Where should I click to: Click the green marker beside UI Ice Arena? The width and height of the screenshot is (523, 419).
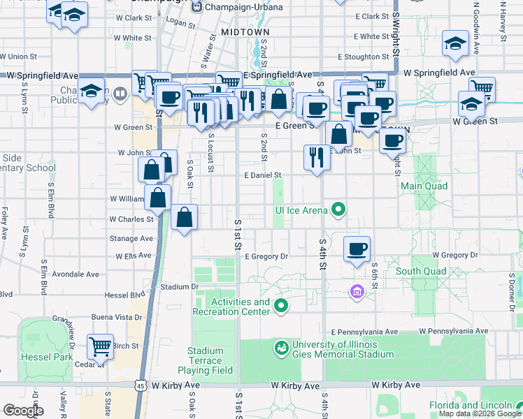pyautogui.click(x=338, y=209)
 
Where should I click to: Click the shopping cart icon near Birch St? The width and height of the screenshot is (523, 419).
pyautogui.click(x=101, y=345)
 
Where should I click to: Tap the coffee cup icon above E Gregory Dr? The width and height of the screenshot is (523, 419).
pyautogui.click(x=357, y=248)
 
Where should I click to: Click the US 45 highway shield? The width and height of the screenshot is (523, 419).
pyautogui.click(x=141, y=385)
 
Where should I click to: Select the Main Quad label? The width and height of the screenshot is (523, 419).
pyautogui.click(x=424, y=186)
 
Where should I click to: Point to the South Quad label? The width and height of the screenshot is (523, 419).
pyautogui.click(x=420, y=271)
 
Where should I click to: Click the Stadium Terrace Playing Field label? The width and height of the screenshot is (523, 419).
pyautogui.click(x=208, y=360)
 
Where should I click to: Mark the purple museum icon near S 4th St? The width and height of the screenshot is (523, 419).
pyautogui.click(x=357, y=291)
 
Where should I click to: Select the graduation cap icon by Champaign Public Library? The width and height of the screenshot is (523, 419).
pyautogui.click(x=91, y=91)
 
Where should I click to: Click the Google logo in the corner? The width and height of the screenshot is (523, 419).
pyautogui.click(x=23, y=411)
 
